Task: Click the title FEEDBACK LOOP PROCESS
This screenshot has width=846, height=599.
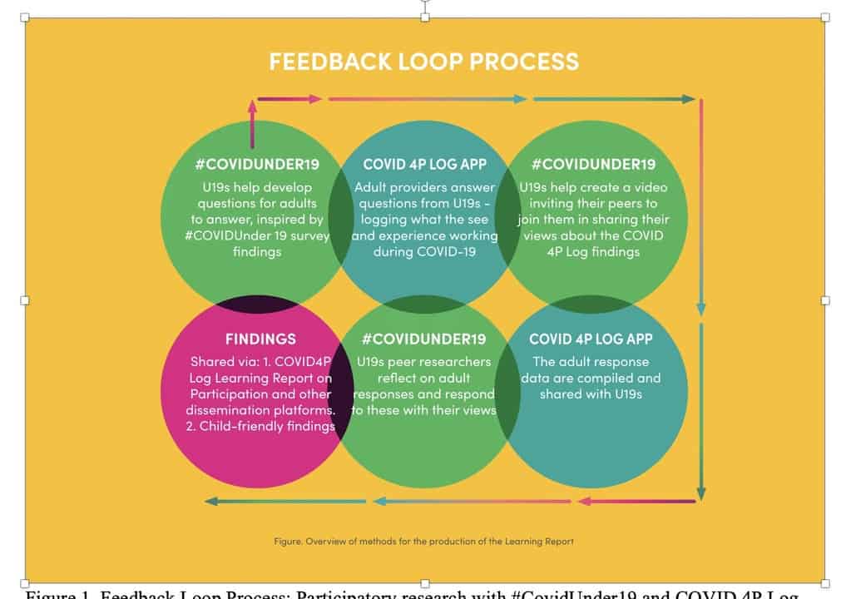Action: point(423,61)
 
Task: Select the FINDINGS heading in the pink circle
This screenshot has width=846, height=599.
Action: point(260,339)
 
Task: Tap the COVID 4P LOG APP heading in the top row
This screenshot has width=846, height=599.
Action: point(425,164)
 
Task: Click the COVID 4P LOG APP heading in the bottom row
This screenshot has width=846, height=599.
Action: point(591,339)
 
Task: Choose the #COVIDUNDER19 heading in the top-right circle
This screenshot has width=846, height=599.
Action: point(593,164)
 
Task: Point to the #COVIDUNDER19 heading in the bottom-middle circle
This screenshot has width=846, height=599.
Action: point(424,339)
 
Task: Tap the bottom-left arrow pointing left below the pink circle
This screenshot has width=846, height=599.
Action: point(285,502)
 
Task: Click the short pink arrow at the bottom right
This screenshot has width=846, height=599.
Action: point(636,502)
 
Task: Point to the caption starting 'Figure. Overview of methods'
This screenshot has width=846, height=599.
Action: point(423,541)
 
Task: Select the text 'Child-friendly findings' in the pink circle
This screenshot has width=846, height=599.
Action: point(267,426)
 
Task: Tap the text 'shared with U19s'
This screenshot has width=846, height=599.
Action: point(591,394)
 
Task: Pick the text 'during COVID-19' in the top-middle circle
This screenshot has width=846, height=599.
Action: point(425,251)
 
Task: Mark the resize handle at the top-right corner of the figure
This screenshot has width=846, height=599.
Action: point(824,17)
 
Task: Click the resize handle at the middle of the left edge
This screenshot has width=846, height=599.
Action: point(25,299)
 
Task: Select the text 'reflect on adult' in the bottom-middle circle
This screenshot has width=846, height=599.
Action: point(424,378)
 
